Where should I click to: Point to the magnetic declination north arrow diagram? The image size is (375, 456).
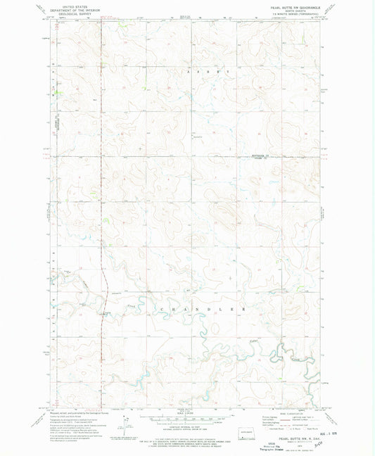(x=127, y=424)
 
